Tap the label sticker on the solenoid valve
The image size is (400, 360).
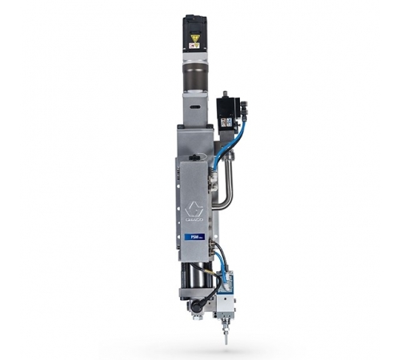[x=226, y=122]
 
